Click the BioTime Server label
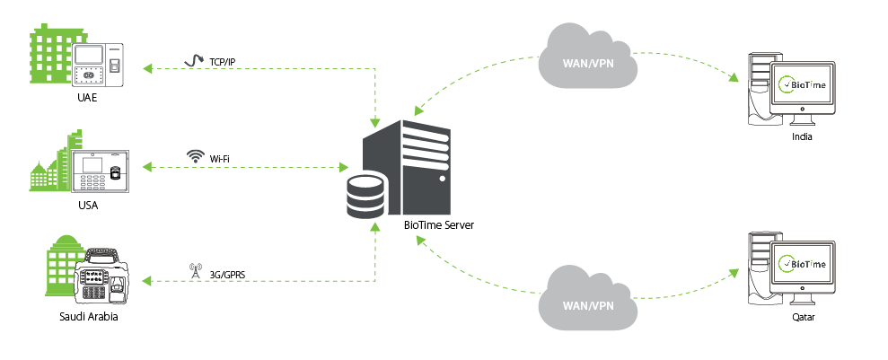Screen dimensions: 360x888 pyautogui.click(x=438, y=224)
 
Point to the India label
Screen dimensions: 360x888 pyautogui.click(x=802, y=136)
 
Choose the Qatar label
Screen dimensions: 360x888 pyautogui.click(x=802, y=317)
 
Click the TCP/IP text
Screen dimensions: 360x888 pyautogui.click(x=223, y=61)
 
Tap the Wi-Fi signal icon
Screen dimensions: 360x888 pyautogui.click(x=194, y=156)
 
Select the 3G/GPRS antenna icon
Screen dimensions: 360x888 pyautogui.click(x=194, y=268)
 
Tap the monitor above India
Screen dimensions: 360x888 pyautogui.click(x=804, y=85)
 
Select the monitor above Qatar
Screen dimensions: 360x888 pyautogui.click(x=804, y=263)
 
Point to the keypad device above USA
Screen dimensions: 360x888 pyautogui.click(x=101, y=173)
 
